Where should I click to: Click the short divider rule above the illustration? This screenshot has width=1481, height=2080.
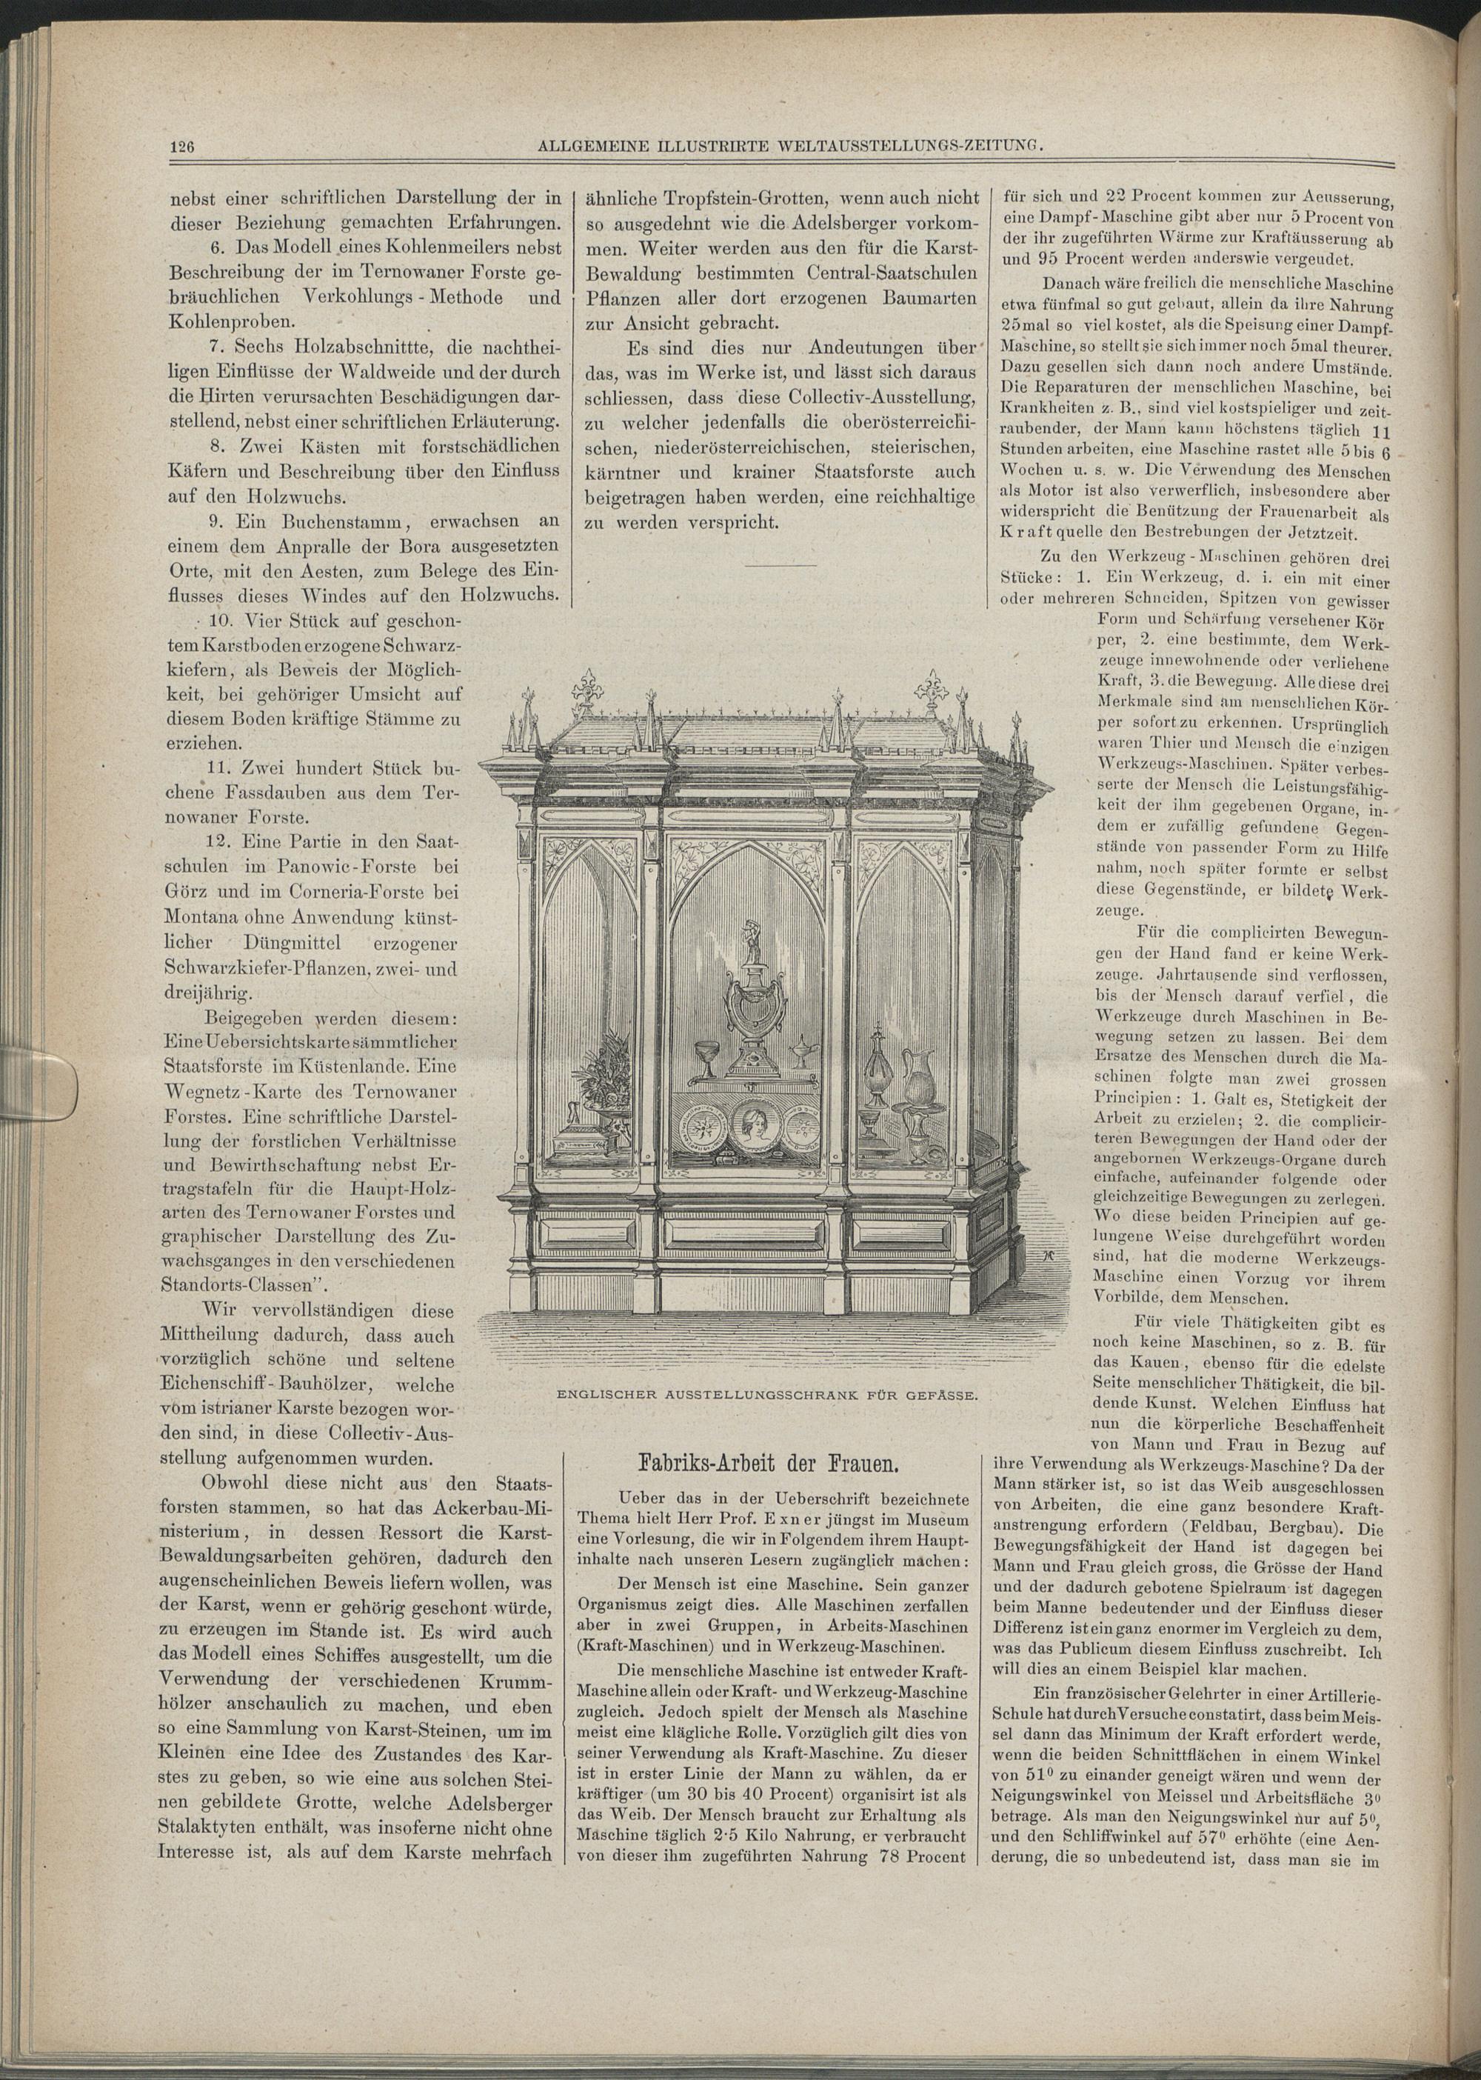(x=780, y=567)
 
